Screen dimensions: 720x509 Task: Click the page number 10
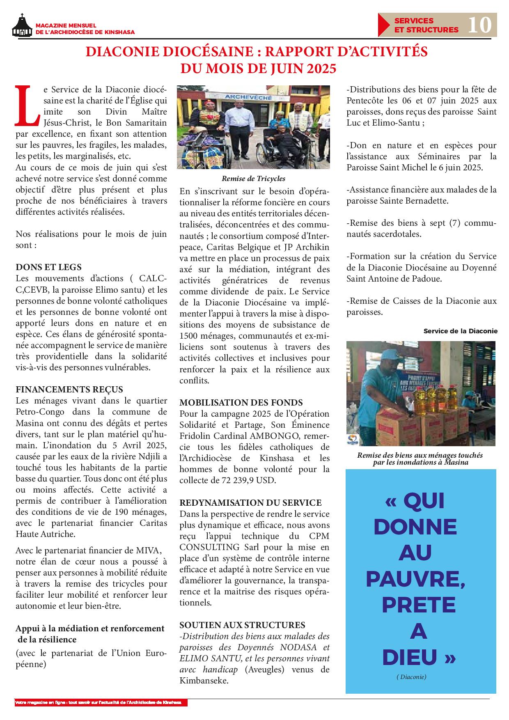[479, 25]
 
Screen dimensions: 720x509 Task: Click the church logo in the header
[22, 26]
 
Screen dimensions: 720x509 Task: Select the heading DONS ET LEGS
[48, 267]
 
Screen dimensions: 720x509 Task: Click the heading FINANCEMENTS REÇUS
[69, 389]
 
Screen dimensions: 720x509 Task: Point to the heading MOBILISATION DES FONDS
[241, 402]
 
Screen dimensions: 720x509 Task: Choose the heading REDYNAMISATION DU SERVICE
[250, 502]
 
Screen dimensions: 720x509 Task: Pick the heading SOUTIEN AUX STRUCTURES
[242, 625]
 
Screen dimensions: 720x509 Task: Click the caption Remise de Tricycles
[253, 179]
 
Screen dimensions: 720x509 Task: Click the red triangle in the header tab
[384, 25]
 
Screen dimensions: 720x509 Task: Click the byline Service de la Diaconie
[460, 331]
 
